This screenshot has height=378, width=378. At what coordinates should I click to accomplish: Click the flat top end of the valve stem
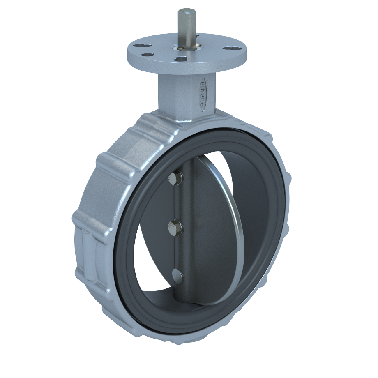click(x=187, y=12)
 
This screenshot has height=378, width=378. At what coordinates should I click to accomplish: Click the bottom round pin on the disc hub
click(x=177, y=275)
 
